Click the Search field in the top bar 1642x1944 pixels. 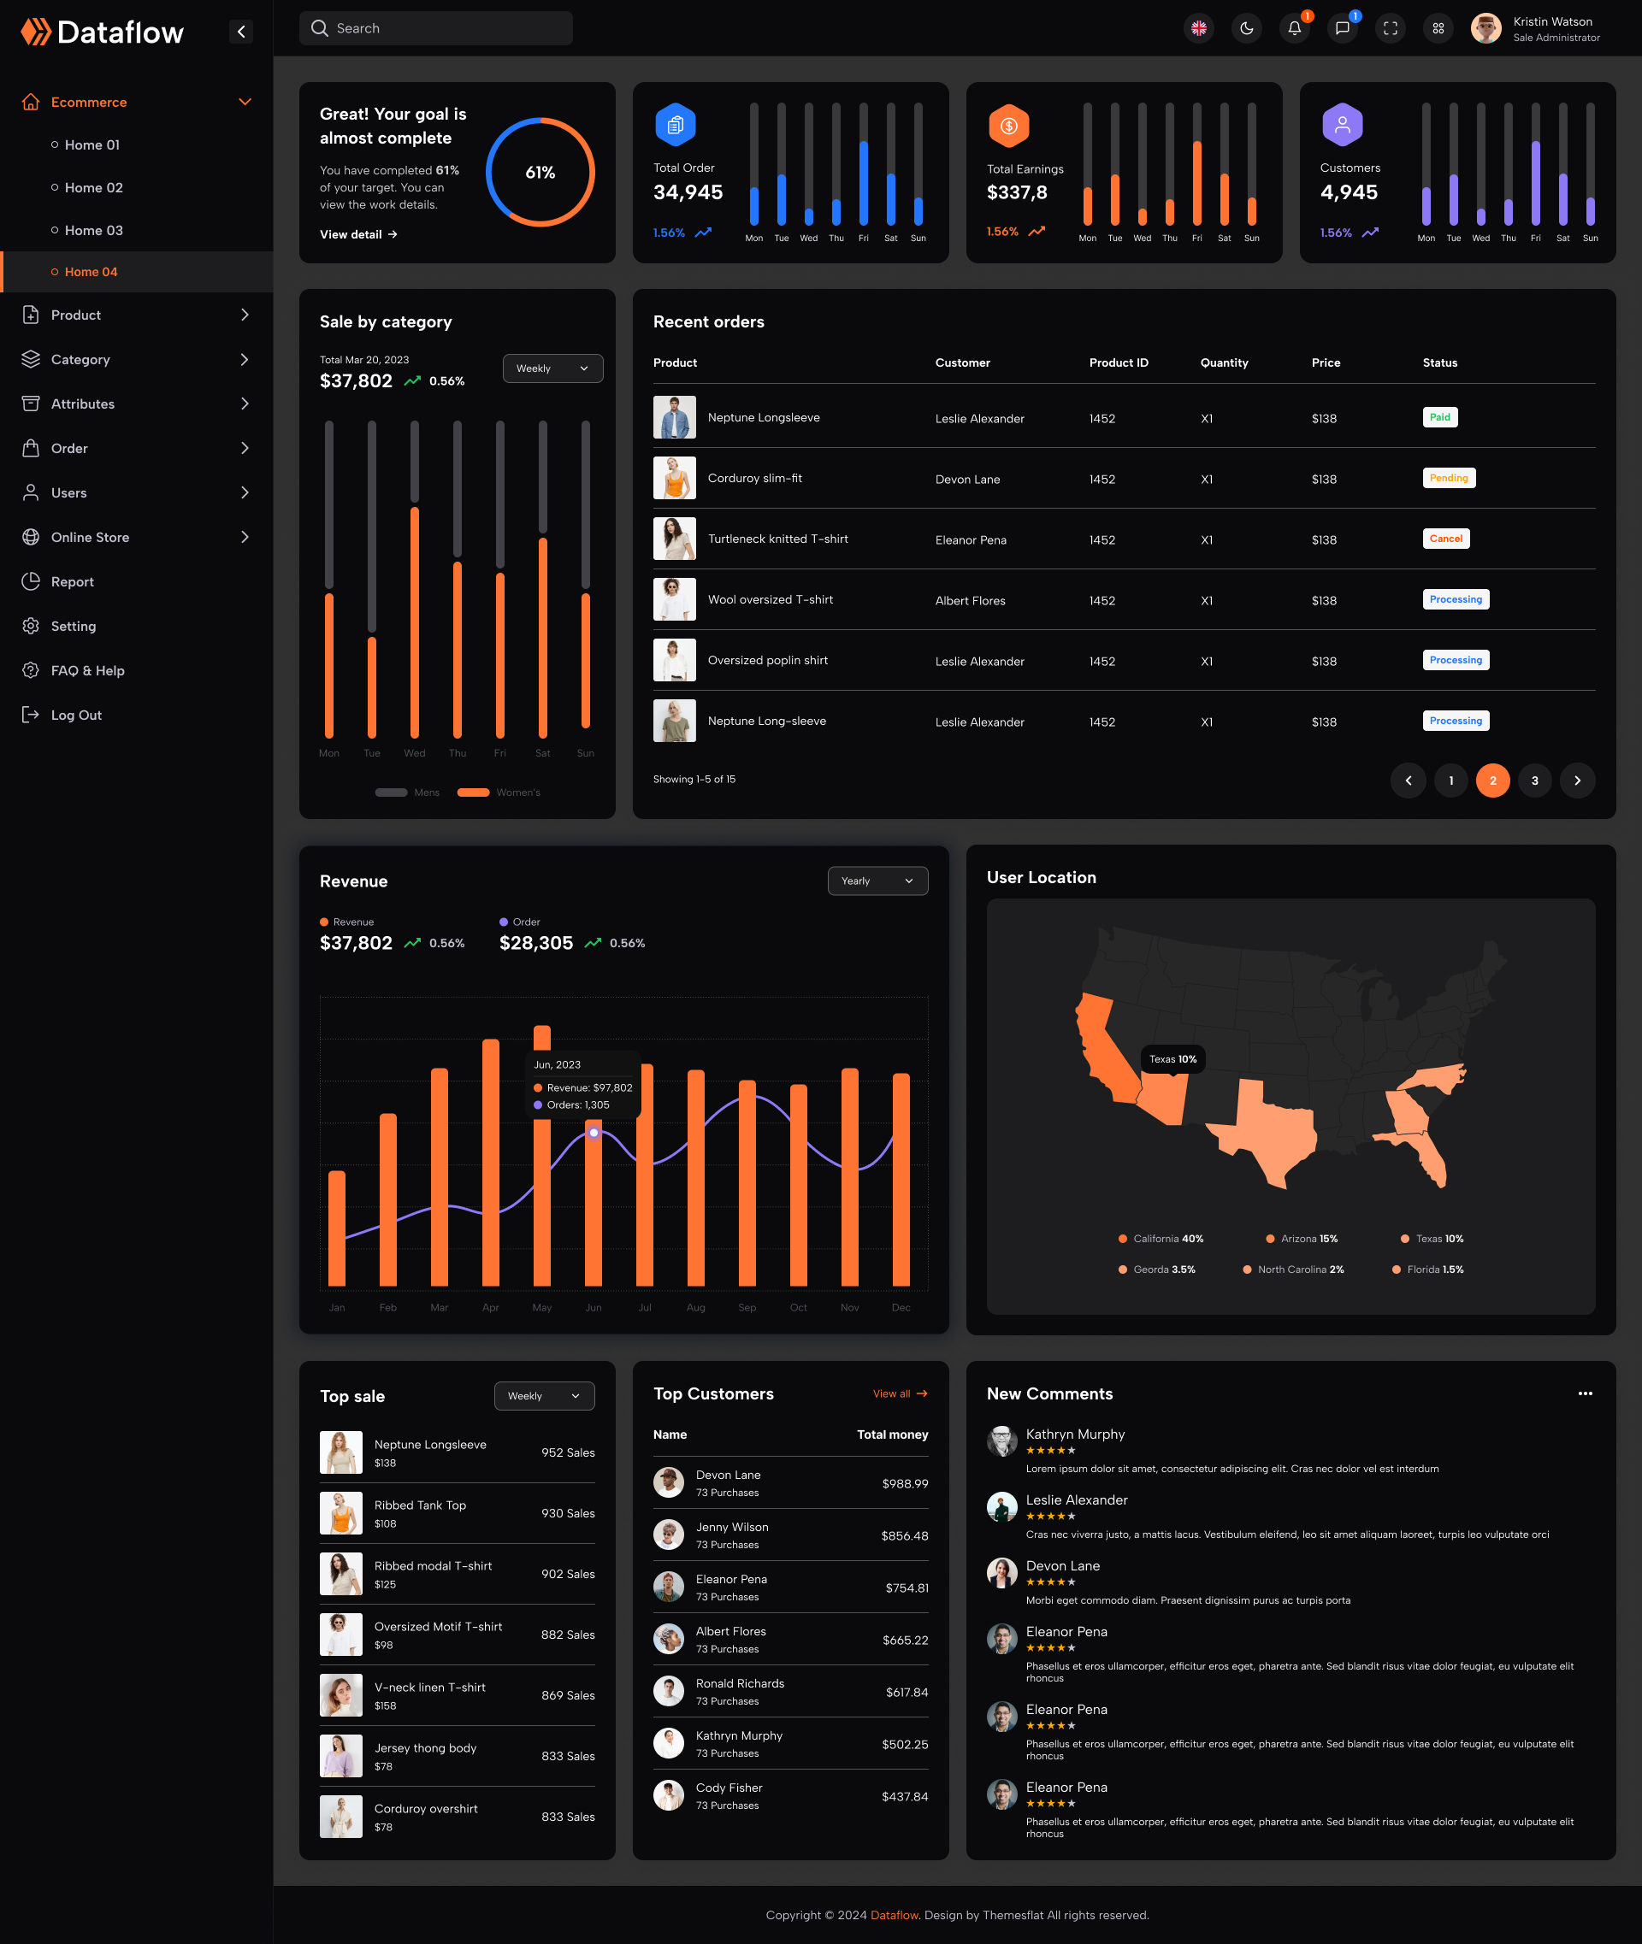(435, 28)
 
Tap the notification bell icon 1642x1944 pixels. (1294, 28)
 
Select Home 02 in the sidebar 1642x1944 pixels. (93, 188)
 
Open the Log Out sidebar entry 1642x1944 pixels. (75, 715)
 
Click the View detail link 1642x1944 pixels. (358, 234)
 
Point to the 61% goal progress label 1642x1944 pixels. (540, 172)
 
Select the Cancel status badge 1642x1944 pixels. (1445, 539)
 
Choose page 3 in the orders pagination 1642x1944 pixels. (1534, 781)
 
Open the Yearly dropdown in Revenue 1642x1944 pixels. (877, 881)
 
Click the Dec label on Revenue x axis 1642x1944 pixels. (901, 1307)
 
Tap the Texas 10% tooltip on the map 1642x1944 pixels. (1172, 1059)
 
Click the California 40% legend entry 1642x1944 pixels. (1161, 1239)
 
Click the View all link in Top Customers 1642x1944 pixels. (899, 1393)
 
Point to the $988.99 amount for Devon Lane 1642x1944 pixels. (905, 1483)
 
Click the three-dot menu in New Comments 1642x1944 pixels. (1585, 1393)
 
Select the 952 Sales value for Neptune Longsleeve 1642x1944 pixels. (568, 1452)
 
